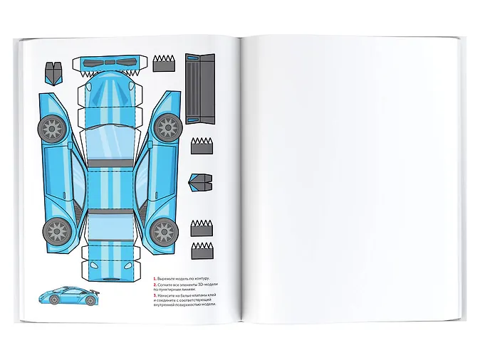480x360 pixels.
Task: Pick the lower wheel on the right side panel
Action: tap(162, 231)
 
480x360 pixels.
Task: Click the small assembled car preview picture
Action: tap(68, 296)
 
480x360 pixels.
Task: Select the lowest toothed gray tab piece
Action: tap(202, 249)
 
